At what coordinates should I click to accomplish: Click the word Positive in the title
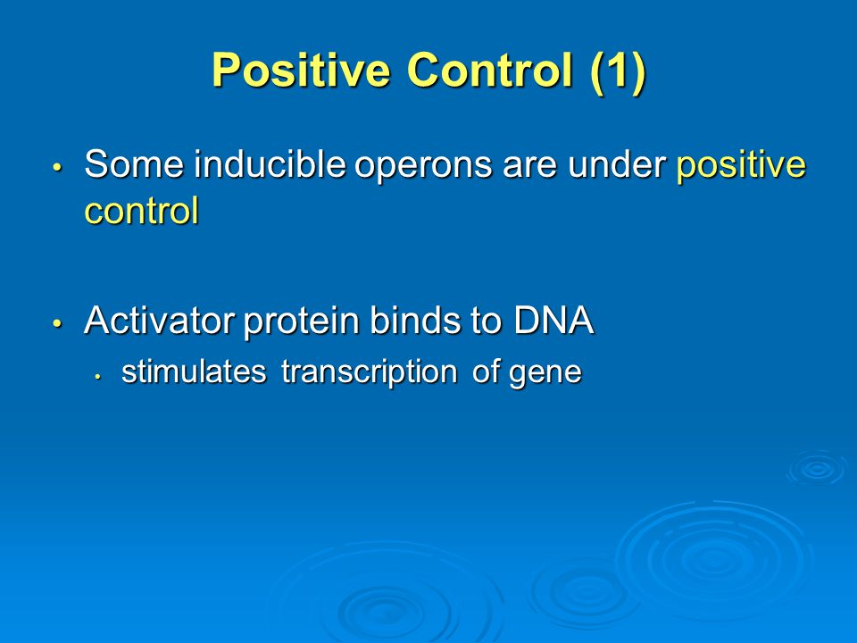coord(301,70)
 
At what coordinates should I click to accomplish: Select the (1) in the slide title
coord(618,71)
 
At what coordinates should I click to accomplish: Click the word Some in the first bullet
coord(134,163)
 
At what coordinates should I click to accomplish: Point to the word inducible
coord(270,163)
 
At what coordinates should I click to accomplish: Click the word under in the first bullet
coord(617,164)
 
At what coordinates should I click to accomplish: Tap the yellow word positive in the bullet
coord(741,166)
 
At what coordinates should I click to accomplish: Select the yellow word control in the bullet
coord(142,211)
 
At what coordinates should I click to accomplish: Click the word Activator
coord(160,320)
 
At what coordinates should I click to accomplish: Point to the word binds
coord(415,320)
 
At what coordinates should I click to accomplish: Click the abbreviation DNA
coord(553,320)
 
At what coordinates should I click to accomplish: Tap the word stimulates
coord(194,372)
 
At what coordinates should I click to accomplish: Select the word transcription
coord(370,373)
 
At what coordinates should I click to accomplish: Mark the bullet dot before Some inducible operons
coord(58,167)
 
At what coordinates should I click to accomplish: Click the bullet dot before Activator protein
coord(58,323)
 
